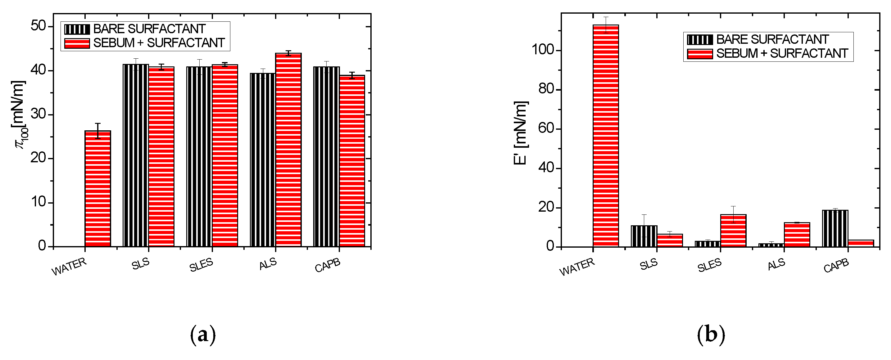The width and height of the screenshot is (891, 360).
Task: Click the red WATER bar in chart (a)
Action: point(98,188)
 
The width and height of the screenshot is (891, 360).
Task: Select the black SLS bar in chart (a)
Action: point(136,155)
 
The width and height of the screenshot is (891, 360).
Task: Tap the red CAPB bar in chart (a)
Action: point(352,161)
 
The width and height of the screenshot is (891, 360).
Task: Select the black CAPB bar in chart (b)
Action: point(835,228)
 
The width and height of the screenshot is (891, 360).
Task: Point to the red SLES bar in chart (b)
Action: point(733,231)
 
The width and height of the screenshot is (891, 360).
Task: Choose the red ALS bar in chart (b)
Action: point(797,235)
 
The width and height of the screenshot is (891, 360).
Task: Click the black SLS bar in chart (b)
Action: point(644,236)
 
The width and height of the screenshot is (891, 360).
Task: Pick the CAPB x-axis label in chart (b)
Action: point(836,266)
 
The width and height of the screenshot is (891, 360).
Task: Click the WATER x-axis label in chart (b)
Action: point(577,267)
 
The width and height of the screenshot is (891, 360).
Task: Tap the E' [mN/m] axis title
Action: point(521,133)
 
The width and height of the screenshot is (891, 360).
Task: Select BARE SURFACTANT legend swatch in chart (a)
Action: point(77,29)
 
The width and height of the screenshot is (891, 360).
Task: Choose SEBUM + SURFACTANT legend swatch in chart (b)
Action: point(700,54)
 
